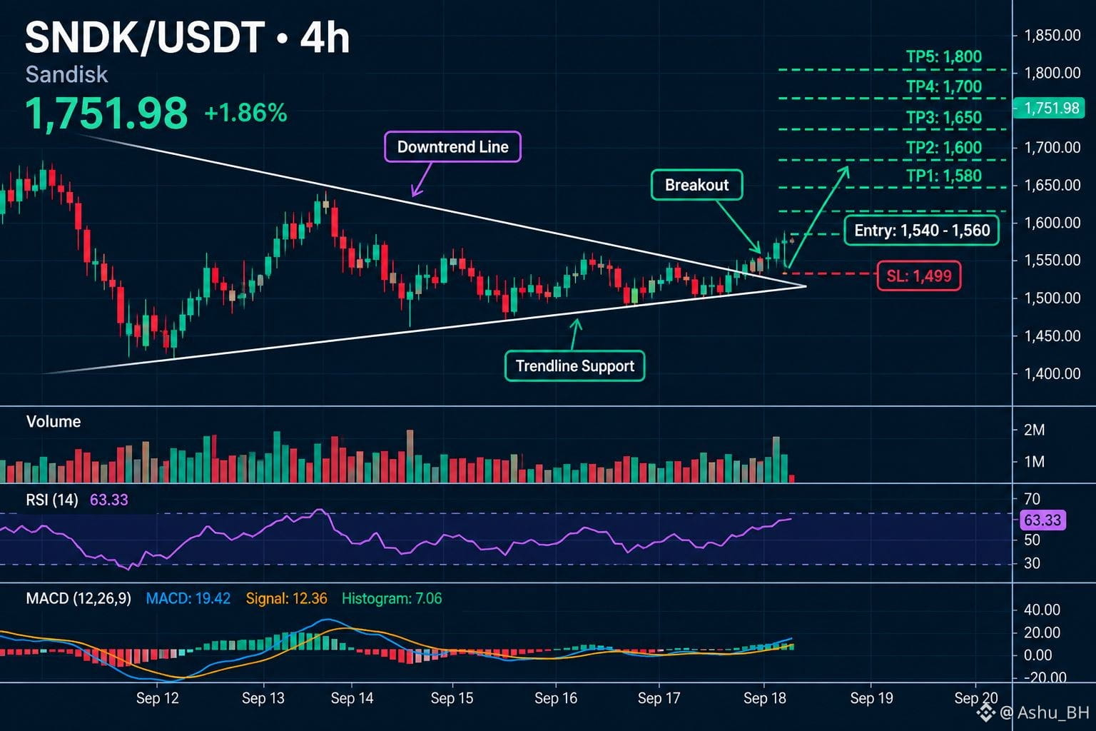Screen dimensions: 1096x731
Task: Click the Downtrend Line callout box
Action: tap(452, 146)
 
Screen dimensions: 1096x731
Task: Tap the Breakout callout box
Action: tap(696, 185)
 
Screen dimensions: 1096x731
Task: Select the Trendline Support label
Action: tap(575, 365)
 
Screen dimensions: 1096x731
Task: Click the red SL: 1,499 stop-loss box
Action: tap(919, 276)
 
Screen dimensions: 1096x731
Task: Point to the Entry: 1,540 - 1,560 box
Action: tap(922, 230)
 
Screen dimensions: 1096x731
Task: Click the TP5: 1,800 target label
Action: tap(944, 57)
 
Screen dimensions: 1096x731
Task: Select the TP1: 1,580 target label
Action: tap(944, 176)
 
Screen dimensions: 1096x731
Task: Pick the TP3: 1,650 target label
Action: tap(944, 118)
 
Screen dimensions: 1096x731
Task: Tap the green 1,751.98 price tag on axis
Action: tap(1049, 108)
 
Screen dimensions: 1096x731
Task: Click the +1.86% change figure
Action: tap(245, 113)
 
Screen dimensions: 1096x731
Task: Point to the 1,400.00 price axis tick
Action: tap(1052, 373)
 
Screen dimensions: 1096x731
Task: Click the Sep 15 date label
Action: tap(452, 697)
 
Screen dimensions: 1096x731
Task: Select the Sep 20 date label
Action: tap(975, 697)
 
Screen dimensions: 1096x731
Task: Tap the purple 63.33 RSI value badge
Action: tap(1042, 520)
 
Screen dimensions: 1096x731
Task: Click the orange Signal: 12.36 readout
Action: tap(286, 598)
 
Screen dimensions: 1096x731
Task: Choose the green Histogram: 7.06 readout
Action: tap(392, 598)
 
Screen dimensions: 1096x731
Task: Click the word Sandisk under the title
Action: tap(66, 74)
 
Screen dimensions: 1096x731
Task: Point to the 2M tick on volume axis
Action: tap(1034, 430)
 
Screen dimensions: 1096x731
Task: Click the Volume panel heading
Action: tap(54, 422)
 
